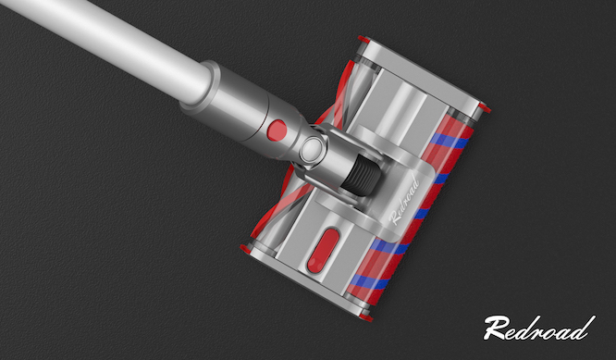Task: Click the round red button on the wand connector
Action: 277,130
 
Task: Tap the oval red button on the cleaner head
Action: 323,251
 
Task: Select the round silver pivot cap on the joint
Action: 313,148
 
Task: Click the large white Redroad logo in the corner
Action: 539,329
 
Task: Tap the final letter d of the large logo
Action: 585,328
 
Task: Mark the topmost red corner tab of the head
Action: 363,39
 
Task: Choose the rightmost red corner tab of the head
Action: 486,108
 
